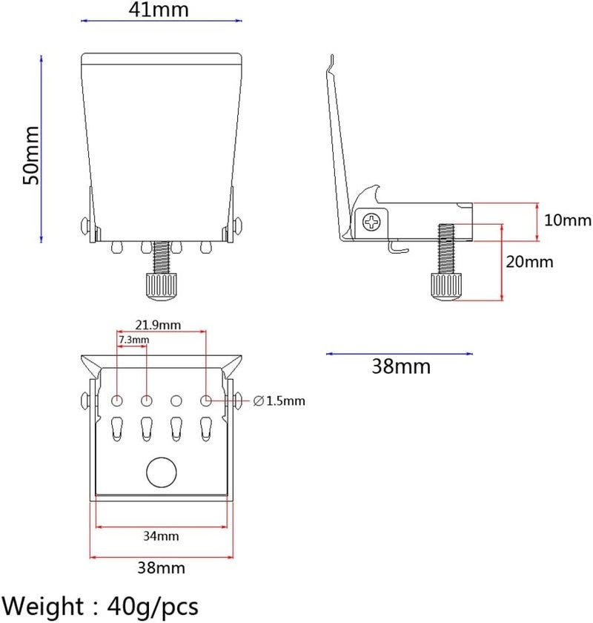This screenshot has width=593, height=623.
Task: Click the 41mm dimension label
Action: pos(159,9)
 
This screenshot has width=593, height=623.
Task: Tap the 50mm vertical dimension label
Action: pos(31,155)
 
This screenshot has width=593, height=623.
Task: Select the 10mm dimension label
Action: pos(568,220)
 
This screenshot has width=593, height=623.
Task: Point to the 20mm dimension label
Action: pos(529,262)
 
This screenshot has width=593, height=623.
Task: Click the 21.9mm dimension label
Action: pos(158,325)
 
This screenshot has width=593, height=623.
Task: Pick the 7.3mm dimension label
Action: pos(134,340)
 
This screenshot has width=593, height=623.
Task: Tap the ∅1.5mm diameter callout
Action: pos(279,401)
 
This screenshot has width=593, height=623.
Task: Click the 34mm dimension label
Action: pos(161,536)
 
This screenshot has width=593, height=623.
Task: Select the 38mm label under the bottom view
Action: pos(162,568)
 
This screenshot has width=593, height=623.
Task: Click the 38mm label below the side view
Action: pos(401,366)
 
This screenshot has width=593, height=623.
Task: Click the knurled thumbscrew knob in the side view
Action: pos(447,286)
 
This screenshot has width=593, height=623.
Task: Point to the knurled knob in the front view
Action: pos(162,287)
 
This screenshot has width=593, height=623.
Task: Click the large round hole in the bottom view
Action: pos(162,472)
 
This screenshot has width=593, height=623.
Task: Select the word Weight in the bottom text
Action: pos(42,607)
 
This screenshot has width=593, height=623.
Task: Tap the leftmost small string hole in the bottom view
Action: pos(117,400)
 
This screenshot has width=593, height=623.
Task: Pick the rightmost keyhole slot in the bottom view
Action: pos(206,429)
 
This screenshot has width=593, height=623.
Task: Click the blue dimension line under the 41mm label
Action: pos(162,21)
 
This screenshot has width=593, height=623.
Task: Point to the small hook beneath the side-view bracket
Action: pos(397,247)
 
